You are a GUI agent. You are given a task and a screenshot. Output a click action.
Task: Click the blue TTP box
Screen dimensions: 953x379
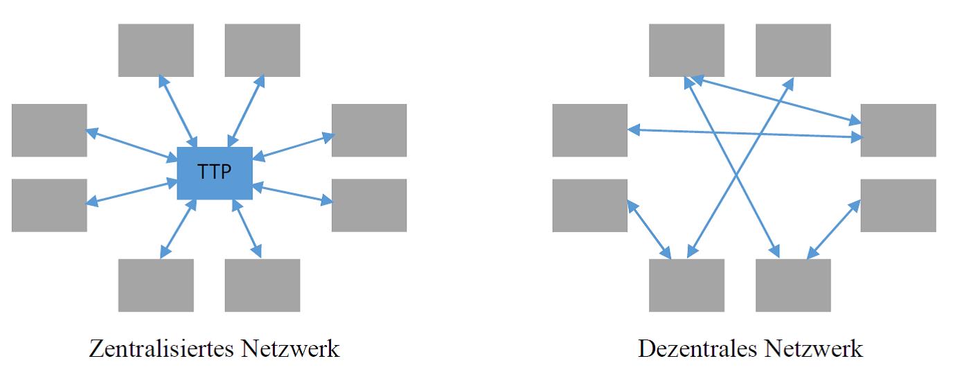(215, 173)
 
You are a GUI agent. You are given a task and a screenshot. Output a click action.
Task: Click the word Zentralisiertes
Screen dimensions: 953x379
(161, 349)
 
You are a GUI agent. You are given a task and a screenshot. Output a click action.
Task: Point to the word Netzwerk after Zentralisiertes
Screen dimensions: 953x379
(290, 349)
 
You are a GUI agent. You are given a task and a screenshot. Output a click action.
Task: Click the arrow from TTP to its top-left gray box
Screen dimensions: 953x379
(178, 112)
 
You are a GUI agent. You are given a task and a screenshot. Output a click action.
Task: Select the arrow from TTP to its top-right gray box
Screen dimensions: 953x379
(247, 112)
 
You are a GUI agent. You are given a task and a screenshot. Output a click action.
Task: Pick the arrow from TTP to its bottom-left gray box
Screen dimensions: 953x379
(178, 228)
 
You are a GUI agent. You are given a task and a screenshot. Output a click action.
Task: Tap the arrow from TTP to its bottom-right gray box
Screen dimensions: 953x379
(247, 228)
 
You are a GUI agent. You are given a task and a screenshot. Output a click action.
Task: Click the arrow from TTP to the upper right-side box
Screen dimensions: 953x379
(294, 147)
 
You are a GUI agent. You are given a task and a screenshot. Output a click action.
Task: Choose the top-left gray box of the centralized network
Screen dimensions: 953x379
(156, 51)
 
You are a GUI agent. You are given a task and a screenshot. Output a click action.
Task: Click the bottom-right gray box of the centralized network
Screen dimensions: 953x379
(262, 285)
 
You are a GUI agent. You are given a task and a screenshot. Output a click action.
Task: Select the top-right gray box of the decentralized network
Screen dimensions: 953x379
(793, 51)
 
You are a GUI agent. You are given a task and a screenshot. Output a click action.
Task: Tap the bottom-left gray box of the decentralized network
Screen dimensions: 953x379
(686, 285)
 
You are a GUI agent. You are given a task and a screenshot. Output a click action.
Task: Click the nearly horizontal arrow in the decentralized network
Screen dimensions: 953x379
(745, 133)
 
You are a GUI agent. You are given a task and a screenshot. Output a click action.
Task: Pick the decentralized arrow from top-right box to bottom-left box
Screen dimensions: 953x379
(740, 168)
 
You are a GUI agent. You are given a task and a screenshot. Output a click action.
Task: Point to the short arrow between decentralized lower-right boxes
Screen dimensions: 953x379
(834, 229)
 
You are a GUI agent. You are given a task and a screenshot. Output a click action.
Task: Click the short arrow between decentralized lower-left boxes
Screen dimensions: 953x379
(649, 229)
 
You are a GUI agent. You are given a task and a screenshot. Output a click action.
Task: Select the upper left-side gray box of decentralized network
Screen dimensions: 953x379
(590, 130)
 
